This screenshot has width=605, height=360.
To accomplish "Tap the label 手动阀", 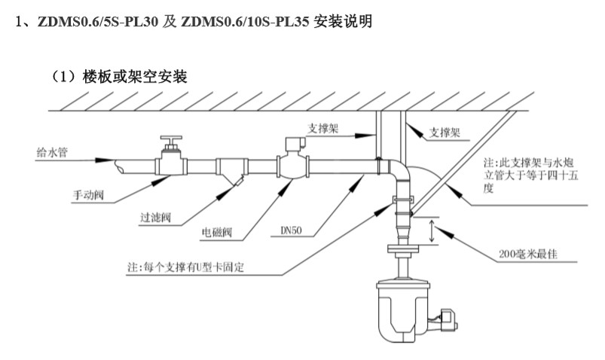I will pyautogui.click(x=89, y=194).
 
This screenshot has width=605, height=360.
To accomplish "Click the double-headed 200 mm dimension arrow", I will pyautogui.click(x=430, y=231).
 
